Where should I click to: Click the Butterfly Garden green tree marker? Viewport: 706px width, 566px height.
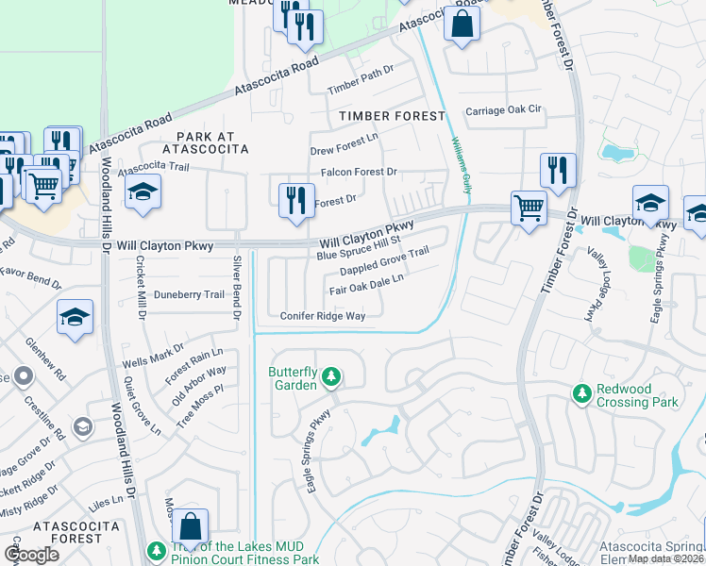[x=330, y=378]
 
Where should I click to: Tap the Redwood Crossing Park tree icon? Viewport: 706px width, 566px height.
[x=582, y=391]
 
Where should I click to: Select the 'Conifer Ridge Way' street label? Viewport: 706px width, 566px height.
[x=322, y=316]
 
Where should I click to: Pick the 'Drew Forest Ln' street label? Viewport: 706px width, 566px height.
[x=344, y=145]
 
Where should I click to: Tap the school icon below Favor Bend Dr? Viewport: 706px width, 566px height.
[x=75, y=318]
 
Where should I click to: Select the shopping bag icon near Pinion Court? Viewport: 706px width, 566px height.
[x=191, y=528]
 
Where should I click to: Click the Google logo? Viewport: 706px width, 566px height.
[x=32, y=555]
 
